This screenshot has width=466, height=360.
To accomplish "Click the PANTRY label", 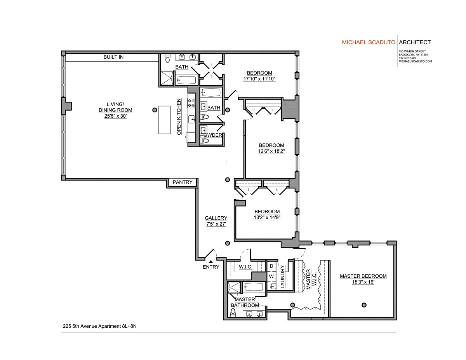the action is pos(182,182).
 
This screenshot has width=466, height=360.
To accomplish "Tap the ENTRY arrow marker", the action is pos(211,262).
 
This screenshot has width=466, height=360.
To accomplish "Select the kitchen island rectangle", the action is pos(165,120).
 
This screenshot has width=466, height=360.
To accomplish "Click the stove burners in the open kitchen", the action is pos(191,103).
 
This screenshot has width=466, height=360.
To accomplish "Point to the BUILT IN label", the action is pos(113,57).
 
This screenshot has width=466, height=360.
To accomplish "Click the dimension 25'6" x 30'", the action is pos(115,116).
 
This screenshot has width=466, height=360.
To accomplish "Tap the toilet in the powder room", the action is pos(205,141).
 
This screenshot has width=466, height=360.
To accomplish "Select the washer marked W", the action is pos(271,277).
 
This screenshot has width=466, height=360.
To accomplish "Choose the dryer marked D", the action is pos(271,266).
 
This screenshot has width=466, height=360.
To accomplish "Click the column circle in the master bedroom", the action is pos(364,305).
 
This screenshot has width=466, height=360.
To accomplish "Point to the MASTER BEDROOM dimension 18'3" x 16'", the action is pos(363,282).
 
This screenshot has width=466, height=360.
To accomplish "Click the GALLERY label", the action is pos(216,218).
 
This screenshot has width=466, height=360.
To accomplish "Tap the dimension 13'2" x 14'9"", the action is pos(267,217).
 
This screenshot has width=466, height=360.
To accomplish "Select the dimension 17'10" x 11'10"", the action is pos(259,79).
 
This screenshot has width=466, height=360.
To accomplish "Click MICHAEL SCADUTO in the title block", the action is pos(369,42).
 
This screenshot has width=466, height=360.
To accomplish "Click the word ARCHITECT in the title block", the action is pos(415,42).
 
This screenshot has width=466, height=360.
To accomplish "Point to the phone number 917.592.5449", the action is pos(407,58).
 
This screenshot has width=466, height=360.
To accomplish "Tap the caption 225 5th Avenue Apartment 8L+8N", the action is pos(100,326).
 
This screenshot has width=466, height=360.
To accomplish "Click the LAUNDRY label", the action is pos(282,277).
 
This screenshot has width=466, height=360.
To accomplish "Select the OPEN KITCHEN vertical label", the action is pos(179,117).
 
